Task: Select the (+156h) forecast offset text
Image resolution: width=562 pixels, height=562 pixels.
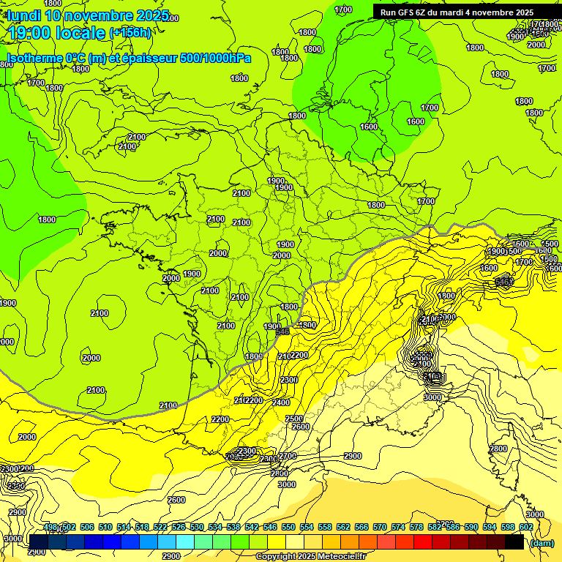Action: (130, 33)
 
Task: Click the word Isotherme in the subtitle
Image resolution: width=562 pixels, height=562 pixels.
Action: (34, 58)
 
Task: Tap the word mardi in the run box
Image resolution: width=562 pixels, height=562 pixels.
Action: (466, 12)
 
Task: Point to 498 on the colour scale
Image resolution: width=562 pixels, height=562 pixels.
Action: (50, 528)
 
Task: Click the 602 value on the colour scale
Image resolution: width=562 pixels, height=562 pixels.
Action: (526, 528)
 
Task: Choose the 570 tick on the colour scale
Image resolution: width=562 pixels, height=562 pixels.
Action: (380, 528)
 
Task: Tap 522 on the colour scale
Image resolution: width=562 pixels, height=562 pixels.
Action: (160, 528)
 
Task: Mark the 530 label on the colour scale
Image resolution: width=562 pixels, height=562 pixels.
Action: (197, 528)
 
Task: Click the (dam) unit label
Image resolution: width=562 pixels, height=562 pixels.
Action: (542, 543)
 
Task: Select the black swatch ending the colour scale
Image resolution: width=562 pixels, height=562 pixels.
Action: (514, 542)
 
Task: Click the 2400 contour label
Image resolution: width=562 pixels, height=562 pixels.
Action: (280, 402)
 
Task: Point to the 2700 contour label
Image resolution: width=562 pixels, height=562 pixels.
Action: (288, 456)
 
